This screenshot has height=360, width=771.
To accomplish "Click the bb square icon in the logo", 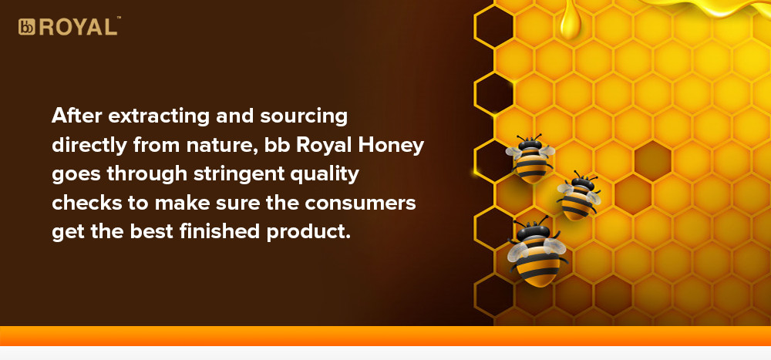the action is (26, 27).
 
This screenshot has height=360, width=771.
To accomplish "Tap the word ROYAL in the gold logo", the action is (78, 27).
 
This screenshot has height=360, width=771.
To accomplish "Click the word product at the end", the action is (308, 232).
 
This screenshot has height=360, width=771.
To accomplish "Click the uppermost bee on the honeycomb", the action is (530, 158).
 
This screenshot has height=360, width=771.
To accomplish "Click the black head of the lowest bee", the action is (534, 231).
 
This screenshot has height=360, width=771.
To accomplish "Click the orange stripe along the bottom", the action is (385, 336).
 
